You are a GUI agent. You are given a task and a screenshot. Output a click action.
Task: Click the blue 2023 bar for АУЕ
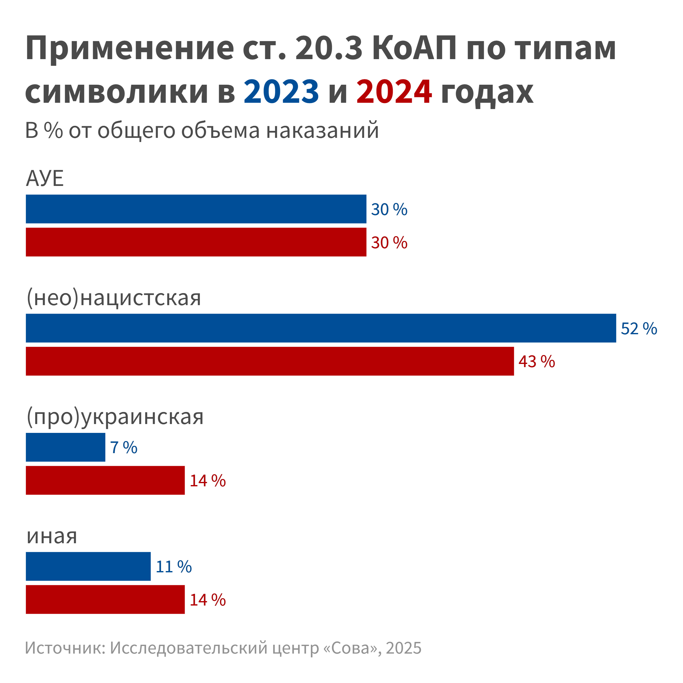pos(196,209)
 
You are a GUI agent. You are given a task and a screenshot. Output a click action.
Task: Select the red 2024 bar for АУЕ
pos(196,242)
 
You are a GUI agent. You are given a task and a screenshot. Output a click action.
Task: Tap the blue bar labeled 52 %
pos(321,328)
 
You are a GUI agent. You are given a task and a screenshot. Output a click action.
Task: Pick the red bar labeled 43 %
pos(269,361)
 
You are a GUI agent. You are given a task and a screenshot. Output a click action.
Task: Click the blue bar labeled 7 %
pos(65,447)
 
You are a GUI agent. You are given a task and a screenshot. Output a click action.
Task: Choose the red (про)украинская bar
pos(105,480)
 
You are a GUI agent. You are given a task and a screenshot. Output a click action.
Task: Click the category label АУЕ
pos(45,179)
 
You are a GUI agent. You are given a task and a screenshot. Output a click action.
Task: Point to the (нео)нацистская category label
pos(114,298)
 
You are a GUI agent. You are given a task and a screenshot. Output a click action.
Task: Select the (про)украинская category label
pos(115,417)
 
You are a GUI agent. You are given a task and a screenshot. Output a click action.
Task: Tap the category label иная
pos(52,536)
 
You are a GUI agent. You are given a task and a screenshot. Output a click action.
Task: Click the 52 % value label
pos(639,329)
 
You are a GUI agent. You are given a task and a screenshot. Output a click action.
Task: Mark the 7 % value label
pos(123,448)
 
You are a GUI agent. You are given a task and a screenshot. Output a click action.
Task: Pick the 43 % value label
pos(537,362)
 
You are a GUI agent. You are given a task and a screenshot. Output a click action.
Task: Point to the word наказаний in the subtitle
pos(322,130)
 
